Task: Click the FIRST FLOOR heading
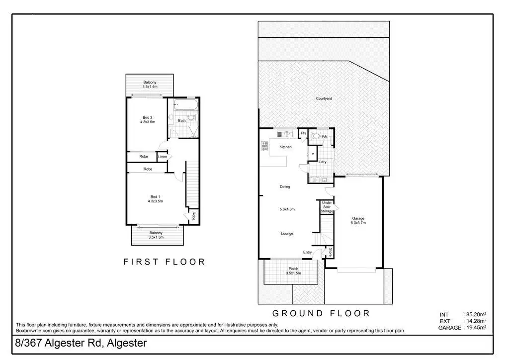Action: pyautogui.click(x=164, y=262)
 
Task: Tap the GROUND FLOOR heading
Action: pyautogui.click(x=321, y=313)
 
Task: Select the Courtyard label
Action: pyautogui.click(x=324, y=98)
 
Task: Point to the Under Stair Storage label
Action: pyautogui.click(x=327, y=207)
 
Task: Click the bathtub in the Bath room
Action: pyautogui.click(x=186, y=106)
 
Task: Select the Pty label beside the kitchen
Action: pyautogui.click(x=303, y=133)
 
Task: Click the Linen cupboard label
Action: pyautogui.click(x=162, y=157)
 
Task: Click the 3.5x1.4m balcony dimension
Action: pyautogui.click(x=150, y=87)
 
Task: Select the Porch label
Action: pyautogui.click(x=292, y=269)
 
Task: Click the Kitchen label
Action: pyautogui.click(x=285, y=147)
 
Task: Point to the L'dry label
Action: pyautogui.click(x=322, y=163)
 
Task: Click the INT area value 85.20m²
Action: pyautogui.click(x=475, y=314)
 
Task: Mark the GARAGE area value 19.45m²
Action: pyautogui.click(x=475, y=328)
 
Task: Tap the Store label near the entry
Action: pyautogui.click(x=329, y=252)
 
